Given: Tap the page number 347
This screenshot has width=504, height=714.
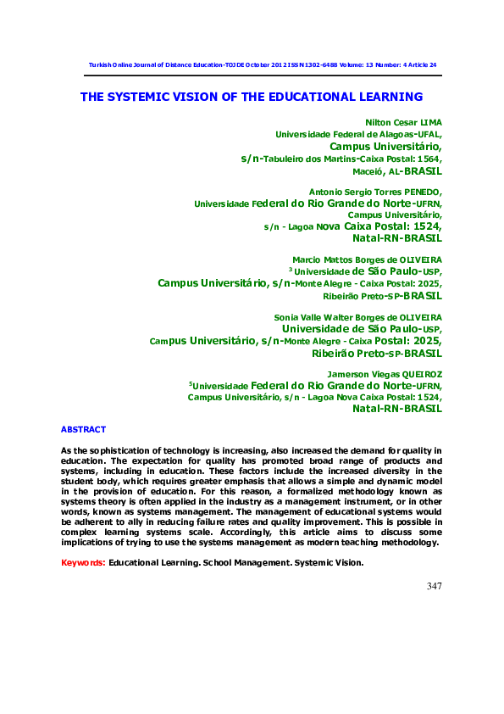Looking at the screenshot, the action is click(x=433, y=585).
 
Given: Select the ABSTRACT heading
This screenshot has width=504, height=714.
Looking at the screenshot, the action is click(x=83, y=430).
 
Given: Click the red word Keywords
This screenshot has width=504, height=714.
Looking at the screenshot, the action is click(x=83, y=563).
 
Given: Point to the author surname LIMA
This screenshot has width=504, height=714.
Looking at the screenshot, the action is click(x=432, y=122).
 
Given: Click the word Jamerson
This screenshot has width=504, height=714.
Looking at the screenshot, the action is click(x=348, y=374).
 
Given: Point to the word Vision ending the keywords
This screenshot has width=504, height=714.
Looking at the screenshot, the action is click(x=343, y=563).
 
